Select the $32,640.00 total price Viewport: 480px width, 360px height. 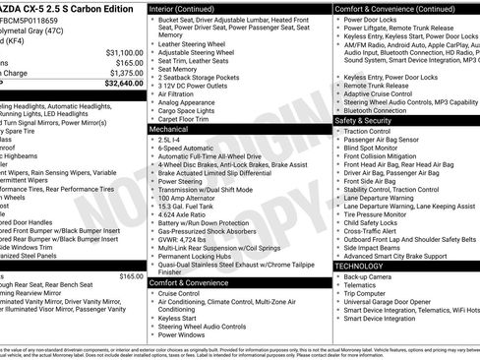(121, 84)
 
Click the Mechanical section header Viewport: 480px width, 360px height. (168, 129)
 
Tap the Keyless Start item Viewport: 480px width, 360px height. (177, 318)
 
